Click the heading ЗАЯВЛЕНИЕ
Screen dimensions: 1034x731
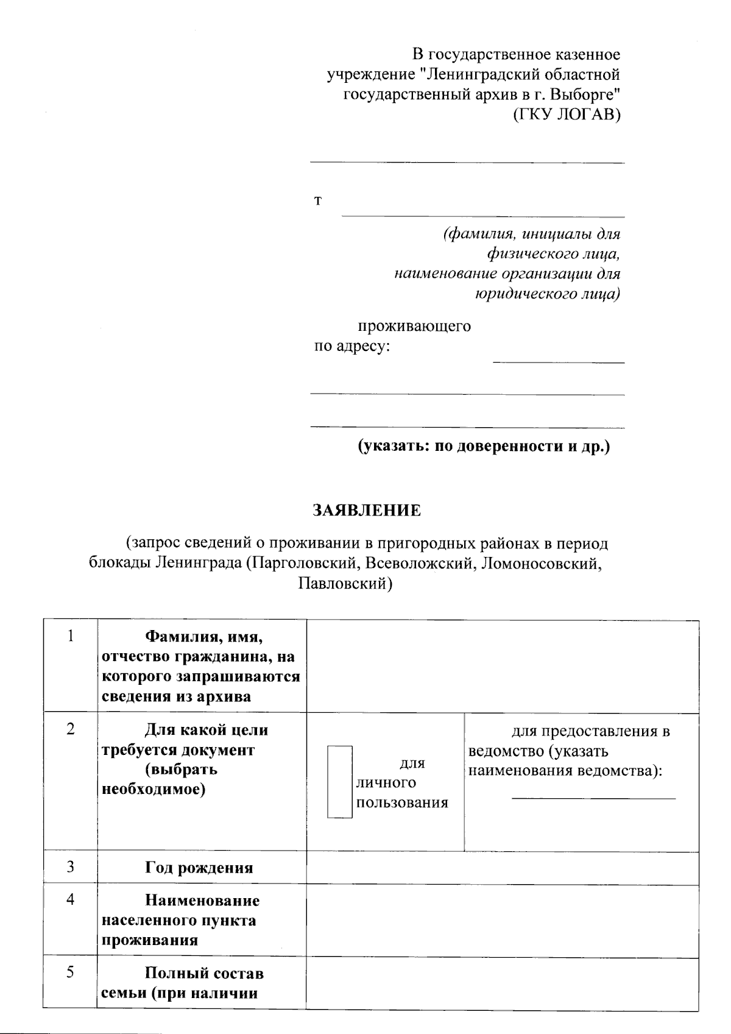click(366, 510)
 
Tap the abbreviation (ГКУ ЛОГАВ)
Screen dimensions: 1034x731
click(566, 114)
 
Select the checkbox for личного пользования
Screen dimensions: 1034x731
click(340, 782)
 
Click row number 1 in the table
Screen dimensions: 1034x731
click(71, 636)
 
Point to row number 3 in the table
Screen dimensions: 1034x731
click(71, 866)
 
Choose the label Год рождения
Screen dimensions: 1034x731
click(199, 868)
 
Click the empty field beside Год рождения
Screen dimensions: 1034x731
click(502, 868)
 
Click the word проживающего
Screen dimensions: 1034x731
click(414, 326)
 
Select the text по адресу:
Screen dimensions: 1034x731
click(351, 347)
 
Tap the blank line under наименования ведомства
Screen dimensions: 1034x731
click(593, 797)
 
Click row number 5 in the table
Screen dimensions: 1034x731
click(71, 972)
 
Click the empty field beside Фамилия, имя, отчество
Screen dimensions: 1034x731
click(502, 666)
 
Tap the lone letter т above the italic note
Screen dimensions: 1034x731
click(317, 201)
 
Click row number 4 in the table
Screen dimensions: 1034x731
click(71, 899)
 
